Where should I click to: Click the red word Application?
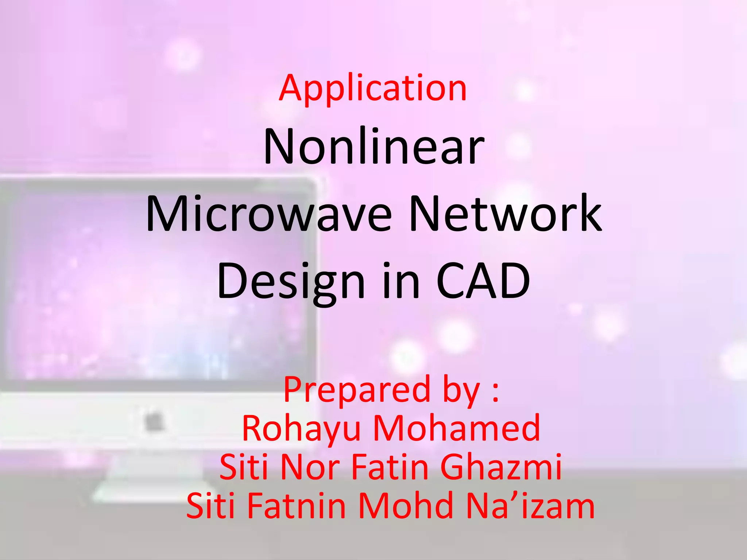click(x=373, y=88)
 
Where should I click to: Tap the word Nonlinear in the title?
click(x=374, y=147)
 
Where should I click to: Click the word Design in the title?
click(x=291, y=281)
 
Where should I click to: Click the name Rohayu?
click(x=301, y=429)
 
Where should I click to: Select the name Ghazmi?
click(x=500, y=467)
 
